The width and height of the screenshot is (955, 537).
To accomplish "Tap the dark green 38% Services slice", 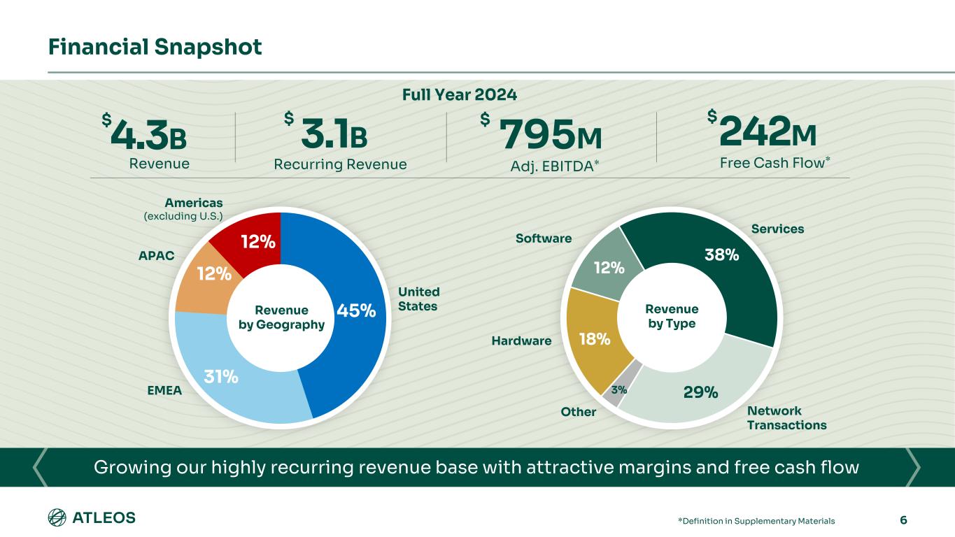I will [721, 266].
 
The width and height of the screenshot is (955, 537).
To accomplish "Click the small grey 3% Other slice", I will [618, 390].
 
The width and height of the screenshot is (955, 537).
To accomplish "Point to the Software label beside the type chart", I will [544, 238].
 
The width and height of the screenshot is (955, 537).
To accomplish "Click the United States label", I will [419, 299].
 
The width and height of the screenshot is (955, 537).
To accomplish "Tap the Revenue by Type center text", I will [672, 316].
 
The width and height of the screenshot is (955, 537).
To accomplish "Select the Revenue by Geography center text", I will [281, 317].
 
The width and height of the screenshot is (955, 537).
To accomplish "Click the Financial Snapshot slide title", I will [155, 47].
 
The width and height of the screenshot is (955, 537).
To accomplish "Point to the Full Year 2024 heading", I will [460, 94].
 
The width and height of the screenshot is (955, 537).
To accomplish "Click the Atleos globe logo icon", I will [57, 518].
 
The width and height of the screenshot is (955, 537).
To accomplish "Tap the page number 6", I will [903, 520].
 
